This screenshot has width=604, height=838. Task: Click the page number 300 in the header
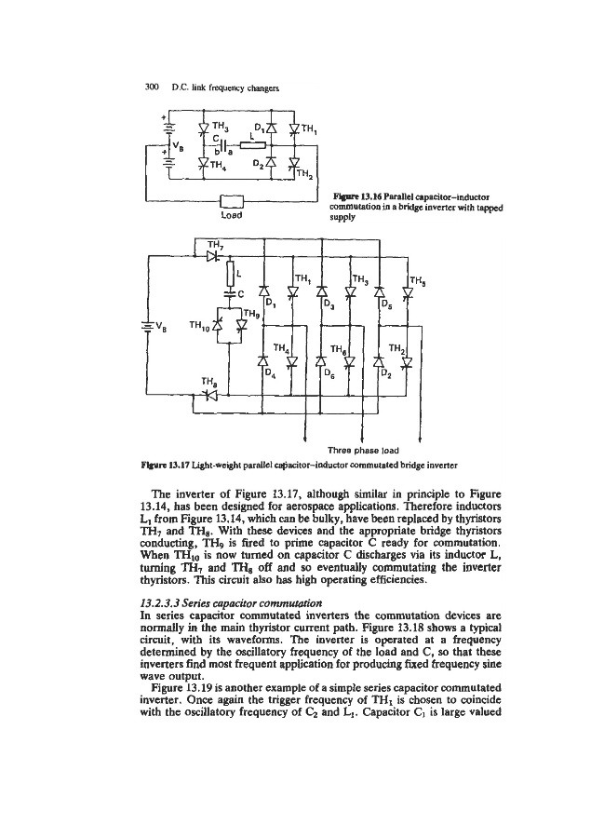point(143,88)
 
